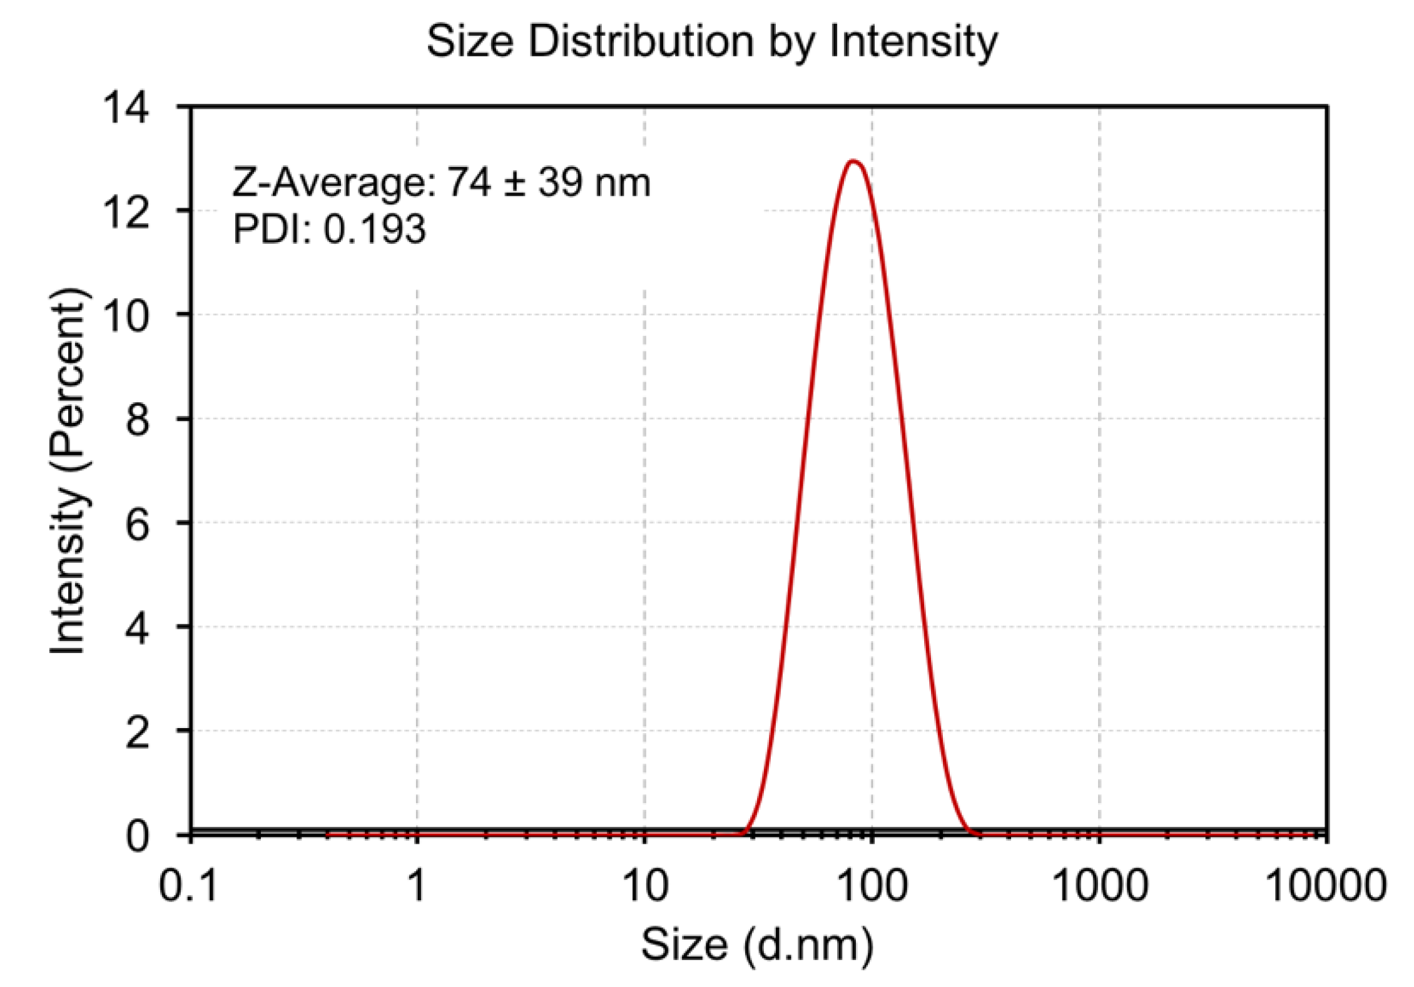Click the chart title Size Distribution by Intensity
tap(711, 42)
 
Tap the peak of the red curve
tap(853, 162)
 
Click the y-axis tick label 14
tap(126, 107)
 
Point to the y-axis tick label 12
tap(126, 211)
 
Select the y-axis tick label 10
tap(126, 315)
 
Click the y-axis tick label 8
tap(137, 419)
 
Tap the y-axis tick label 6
tap(137, 523)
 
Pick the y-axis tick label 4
tap(137, 627)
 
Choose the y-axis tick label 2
tap(137, 731)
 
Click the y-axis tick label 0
tap(137, 836)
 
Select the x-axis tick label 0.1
tap(188, 886)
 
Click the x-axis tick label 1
tap(417, 886)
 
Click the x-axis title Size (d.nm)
tap(757, 944)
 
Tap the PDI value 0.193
tap(374, 229)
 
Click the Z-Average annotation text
tap(441, 183)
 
